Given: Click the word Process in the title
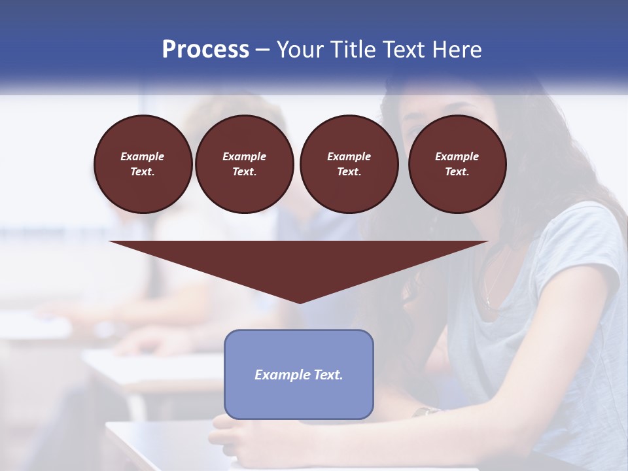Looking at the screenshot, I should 205,50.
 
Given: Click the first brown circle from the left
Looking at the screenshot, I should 143,164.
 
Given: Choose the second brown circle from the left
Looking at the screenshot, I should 244,164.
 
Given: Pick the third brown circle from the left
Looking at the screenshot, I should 349,164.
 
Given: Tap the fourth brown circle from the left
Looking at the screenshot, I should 457,164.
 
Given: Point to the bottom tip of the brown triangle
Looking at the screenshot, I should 300,302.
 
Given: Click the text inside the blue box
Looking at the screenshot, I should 299,375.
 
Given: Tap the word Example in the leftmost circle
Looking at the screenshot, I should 143,156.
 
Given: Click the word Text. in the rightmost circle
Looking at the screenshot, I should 457,171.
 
